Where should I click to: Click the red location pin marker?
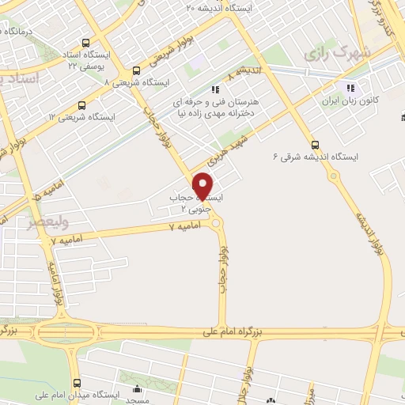tap(203, 185)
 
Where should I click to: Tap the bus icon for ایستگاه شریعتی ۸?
tap(137, 70)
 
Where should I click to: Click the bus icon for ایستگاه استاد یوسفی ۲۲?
tap(85, 45)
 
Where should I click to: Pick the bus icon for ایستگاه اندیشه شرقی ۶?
tap(316, 144)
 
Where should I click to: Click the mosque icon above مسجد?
tap(138, 389)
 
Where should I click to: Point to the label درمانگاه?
tap(18, 31)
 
